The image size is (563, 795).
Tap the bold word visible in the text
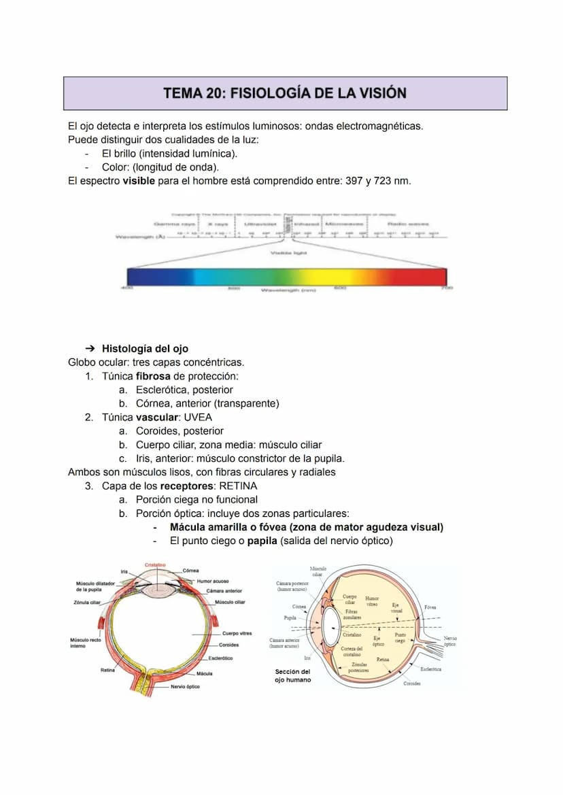click(139, 181)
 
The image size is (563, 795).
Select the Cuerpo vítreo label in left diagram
click(237, 633)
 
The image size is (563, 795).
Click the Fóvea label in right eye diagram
click(430, 607)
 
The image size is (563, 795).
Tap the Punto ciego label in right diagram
click(400, 637)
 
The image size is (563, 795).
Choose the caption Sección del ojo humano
click(293, 675)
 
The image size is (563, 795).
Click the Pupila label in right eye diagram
click(290, 618)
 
